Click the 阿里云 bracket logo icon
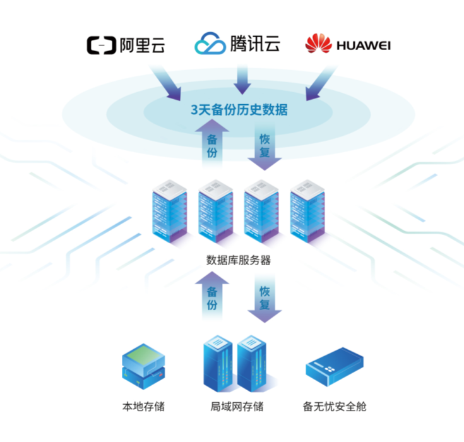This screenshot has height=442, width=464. [101, 45]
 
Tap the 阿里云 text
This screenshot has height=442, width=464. [142, 45]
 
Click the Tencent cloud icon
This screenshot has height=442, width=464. [210, 44]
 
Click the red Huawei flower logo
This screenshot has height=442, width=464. [318, 44]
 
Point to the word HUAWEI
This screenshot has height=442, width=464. [364, 45]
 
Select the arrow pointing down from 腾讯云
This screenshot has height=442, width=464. [242, 78]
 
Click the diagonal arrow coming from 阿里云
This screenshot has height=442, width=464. [167, 83]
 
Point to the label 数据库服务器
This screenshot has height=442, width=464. [239, 260]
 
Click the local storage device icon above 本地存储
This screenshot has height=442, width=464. [143, 366]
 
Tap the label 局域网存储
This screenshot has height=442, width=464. [237, 406]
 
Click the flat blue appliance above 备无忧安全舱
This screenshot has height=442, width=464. [334, 367]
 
